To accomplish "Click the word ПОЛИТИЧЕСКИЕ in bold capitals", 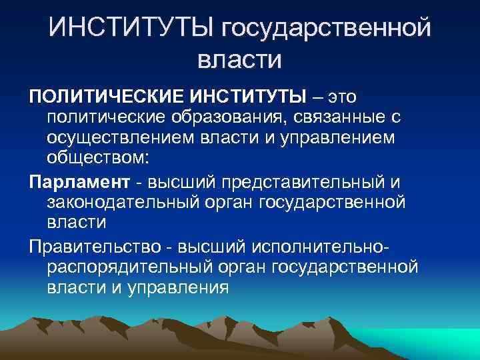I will [x=104, y=96].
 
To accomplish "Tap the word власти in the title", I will [x=240, y=60].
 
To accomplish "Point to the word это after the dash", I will [x=341, y=96].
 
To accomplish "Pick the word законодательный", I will [x=127, y=202].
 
